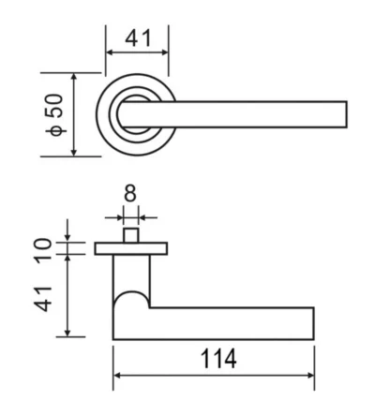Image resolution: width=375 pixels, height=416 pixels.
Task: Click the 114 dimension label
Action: [218, 359]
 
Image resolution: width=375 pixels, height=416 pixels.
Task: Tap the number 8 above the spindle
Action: [130, 193]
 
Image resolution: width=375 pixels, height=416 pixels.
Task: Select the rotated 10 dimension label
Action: [43, 250]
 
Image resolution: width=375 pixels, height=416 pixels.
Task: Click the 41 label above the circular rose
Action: [138, 37]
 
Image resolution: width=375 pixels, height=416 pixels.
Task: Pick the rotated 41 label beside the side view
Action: [43, 299]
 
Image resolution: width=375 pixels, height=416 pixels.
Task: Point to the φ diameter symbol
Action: [56, 131]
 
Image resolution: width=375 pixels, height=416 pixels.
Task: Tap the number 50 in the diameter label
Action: [54, 106]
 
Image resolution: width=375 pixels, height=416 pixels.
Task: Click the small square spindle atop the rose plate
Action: [130, 235]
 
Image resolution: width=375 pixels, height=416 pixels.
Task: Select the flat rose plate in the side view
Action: [131, 248]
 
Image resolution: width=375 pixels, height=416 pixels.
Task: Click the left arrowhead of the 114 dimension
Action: [117, 376]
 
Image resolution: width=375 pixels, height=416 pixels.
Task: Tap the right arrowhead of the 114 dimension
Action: [310, 376]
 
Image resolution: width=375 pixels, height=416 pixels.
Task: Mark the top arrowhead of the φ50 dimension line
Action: [74, 77]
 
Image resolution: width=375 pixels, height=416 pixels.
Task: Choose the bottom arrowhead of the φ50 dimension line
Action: [74, 152]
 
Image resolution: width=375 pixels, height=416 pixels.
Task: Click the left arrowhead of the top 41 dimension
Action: [110, 52]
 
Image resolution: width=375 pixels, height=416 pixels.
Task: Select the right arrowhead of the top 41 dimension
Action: [165, 52]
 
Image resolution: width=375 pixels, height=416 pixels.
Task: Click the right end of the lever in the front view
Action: [347, 114]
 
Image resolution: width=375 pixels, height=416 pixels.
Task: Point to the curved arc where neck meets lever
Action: [131, 292]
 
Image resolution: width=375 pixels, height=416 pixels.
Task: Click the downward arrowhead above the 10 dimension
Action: [67, 238]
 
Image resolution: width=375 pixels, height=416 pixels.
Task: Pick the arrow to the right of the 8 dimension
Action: [147, 217]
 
